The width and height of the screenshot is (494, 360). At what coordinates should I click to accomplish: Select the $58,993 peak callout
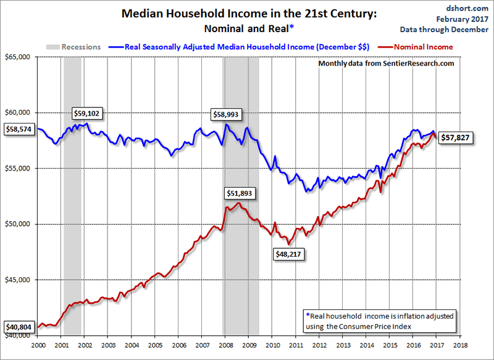226,114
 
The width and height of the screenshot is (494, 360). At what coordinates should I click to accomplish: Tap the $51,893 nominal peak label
238,193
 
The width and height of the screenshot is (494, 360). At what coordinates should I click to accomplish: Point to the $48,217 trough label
288,253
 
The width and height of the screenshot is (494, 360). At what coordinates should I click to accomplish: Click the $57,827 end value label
456,139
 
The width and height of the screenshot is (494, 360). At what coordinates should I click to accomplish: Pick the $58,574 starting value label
19,129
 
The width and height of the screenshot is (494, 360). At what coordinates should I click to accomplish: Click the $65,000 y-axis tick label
18,57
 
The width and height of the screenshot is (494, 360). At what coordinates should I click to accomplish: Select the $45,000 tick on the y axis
18,280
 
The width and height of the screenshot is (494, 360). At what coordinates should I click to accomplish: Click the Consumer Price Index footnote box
380,320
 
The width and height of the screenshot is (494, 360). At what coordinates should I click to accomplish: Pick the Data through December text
461,29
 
